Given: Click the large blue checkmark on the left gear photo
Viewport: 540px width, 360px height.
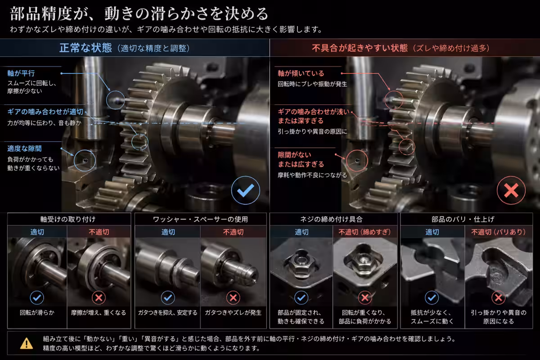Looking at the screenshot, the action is pos(245,190).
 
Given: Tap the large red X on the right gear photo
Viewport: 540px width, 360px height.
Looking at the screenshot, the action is pos(511,190).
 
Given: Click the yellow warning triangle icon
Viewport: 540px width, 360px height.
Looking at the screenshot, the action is pos(27,343).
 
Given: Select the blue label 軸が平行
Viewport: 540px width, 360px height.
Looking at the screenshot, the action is pos(21,73).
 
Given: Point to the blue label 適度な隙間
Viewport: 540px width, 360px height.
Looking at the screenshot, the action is pos(24,148).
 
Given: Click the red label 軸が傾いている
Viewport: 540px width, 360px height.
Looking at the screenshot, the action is pos(301,73).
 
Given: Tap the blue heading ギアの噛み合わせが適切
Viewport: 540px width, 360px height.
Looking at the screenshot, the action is pos(45,112).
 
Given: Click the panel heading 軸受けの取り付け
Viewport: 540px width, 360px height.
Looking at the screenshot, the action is pos(68,219).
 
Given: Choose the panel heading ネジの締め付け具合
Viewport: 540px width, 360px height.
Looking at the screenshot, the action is pos(331,219).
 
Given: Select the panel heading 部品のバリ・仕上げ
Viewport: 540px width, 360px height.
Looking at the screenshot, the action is pos(463,219).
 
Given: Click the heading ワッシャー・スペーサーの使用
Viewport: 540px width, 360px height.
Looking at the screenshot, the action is pos(200,219).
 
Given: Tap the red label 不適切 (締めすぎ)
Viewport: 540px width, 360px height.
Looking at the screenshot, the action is pos(364,232).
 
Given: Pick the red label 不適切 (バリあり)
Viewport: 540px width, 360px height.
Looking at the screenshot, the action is pos(498,232).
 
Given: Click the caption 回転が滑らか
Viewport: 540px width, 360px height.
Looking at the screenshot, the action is pos(37,312).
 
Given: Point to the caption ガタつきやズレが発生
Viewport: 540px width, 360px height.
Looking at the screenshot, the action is pos(233,312).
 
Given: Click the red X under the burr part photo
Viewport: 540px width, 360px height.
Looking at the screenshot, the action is pos(498,298).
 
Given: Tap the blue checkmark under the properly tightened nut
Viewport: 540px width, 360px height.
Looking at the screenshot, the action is pos(301,298).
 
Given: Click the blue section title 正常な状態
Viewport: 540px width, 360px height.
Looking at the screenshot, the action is pos(85,48).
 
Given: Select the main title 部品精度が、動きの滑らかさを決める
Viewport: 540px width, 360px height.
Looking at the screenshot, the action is pos(139,13).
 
